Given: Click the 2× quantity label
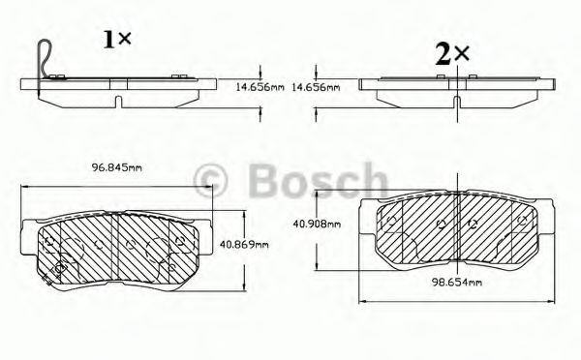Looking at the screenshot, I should pos(451,54).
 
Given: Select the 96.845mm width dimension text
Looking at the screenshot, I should pos(115,167).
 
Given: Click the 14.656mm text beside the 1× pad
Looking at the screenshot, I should pos(261,87).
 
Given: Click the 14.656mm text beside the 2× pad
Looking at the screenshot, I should pos(317,87).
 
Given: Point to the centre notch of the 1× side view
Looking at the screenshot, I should pos(115,100).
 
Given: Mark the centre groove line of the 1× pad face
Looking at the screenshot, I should pos(115,247).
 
